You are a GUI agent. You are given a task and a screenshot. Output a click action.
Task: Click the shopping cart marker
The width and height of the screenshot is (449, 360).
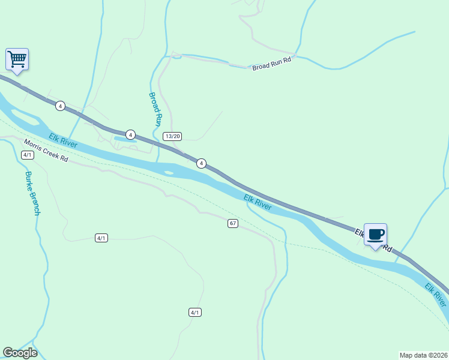click(17, 59)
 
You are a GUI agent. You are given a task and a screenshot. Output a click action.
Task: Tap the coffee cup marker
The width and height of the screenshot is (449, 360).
click(375, 235)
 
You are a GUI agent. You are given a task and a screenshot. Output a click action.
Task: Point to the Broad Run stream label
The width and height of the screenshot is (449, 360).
click(155, 108)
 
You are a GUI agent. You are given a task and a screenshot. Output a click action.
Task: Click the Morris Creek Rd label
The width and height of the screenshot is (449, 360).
click(46, 152)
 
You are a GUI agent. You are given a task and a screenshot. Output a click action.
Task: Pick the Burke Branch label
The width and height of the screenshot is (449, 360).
click(32, 193)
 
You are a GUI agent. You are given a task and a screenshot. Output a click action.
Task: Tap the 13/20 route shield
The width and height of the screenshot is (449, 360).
click(172, 136)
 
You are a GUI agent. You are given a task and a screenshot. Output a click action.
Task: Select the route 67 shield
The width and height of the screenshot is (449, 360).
click(233, 223)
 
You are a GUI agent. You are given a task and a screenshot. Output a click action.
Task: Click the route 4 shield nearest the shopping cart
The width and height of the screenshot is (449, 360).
click(60, 106)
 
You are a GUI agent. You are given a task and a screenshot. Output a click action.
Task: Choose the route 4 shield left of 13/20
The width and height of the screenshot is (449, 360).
click(130, 134)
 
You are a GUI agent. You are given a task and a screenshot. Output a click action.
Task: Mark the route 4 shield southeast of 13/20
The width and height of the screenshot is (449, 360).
click(202, 163)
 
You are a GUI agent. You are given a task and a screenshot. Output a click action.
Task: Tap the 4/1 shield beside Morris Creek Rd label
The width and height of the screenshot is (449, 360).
click(27, 155)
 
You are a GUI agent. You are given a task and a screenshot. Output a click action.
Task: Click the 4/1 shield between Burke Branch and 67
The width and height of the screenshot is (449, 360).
click(101, 238)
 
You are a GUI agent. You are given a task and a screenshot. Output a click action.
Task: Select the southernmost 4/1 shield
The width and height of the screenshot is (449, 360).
click(194, 312)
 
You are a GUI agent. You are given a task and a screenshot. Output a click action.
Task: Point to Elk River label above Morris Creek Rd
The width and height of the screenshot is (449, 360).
click(64, 141)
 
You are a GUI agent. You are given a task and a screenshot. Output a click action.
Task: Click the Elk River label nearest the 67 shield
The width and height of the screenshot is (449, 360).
click(258, 202)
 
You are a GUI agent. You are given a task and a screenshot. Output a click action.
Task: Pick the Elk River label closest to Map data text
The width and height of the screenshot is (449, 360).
click(435, 295)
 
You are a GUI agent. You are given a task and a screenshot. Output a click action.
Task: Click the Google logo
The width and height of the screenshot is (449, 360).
click(20, 353)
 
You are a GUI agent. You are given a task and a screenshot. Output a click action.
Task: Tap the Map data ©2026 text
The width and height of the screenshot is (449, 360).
click(423, 355)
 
